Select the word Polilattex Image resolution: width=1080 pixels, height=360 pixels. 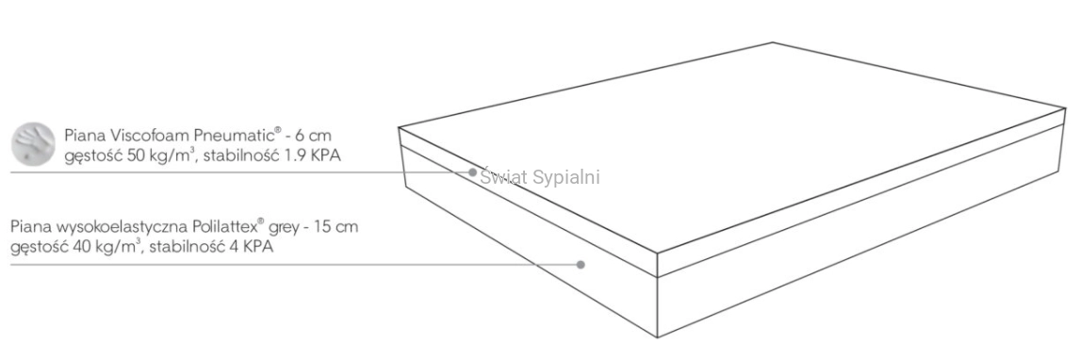click(x=226, y=226)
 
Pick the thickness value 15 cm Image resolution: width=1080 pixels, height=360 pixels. click(x=337, y=226)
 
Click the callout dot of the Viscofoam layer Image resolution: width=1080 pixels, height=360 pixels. click(x=472, y=172)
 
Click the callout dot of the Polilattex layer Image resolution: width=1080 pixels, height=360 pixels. click(x=581, y=264)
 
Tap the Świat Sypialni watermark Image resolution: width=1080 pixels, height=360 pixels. click(x=540, y=177)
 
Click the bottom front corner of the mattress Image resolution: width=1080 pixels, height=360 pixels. click(x=657, y=337)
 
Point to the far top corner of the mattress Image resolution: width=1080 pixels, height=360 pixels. click(x=773, y=42)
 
